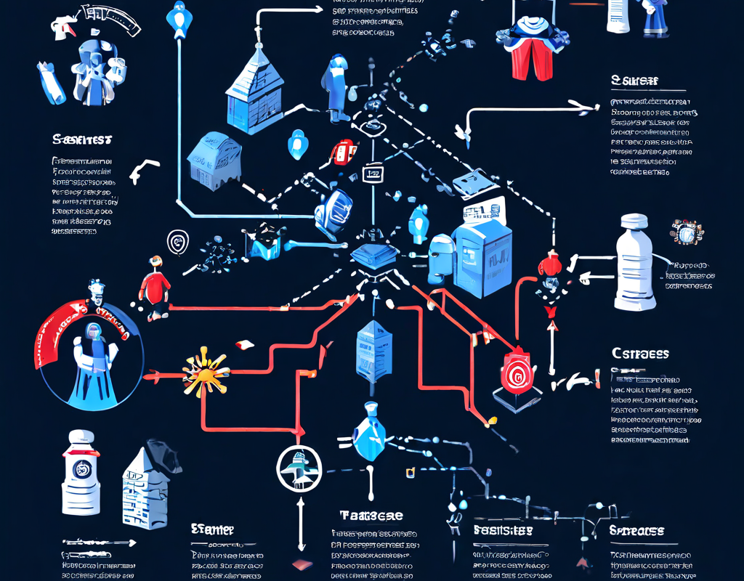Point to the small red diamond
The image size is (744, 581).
click(x=300, y=565)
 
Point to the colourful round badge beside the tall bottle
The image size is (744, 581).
click(x=684, y=232)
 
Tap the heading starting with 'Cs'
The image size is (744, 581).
click(x=640, y=354)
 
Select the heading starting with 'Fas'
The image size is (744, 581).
click(x=503, y=531)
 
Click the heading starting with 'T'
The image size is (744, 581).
click(x=371, y=516)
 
